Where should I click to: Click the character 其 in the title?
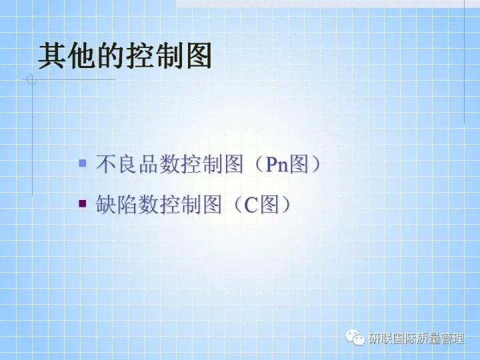click(x=52, y=57)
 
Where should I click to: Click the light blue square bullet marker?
click(x=83, y=163)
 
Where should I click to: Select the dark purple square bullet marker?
click(x=83, y=203)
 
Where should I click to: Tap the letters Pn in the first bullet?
click(x=277, y=164)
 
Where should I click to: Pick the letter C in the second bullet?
click(x=250, y=205)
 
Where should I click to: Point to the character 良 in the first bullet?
click(x=128, y=164)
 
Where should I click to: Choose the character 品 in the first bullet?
click(x=149, y=164)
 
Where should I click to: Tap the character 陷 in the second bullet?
click(x=128, y=205)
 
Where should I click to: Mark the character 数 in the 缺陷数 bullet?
click(x=149, y=205)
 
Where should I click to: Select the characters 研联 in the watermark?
click(x=381, y=338)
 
